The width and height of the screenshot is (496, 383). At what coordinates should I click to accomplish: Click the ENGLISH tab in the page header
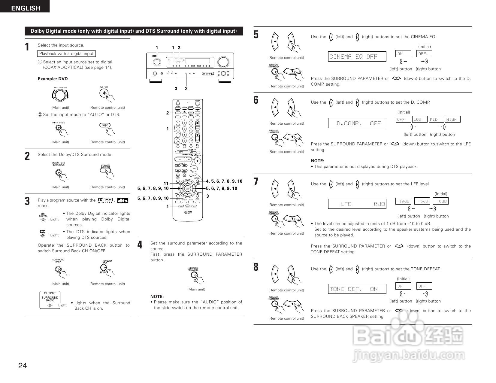(x=25, y=8)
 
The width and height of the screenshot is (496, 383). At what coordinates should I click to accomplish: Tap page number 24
(x=23, y=366)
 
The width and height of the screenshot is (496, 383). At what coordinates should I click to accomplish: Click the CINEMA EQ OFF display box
(x=357, y=56)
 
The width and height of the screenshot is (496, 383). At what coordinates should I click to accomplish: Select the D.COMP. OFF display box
(x=357, y=123)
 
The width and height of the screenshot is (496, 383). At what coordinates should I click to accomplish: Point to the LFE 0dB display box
(x=357, y=204)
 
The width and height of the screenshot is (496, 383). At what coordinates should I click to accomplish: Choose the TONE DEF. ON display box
(x=357, y=289)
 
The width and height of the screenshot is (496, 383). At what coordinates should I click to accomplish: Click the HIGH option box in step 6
(x=452, y=119)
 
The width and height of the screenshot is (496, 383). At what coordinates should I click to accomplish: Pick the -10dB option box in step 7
(x=403, y=201)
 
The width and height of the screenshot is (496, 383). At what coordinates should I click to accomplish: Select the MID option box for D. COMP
(x=436, y=119)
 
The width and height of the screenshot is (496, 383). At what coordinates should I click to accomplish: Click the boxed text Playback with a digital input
(x=67, y=53)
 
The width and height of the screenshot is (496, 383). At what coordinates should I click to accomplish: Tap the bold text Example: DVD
(x=53, y=79)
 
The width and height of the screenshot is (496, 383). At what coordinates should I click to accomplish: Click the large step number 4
(x=140, y=245)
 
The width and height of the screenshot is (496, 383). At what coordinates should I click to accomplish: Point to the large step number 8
(x=256, y=267)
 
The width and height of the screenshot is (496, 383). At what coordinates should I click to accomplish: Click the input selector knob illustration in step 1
(x=60, y=95)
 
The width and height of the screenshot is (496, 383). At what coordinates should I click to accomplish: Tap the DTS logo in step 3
(x=122, y=200)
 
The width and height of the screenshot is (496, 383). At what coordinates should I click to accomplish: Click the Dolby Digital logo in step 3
(x=105, y=200)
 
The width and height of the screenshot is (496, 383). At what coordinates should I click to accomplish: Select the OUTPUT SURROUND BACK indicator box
(x=50, y=299)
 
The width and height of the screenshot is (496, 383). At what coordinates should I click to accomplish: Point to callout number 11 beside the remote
(x=166, y=184)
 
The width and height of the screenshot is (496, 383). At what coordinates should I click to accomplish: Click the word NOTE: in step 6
(x=317, y=161)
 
